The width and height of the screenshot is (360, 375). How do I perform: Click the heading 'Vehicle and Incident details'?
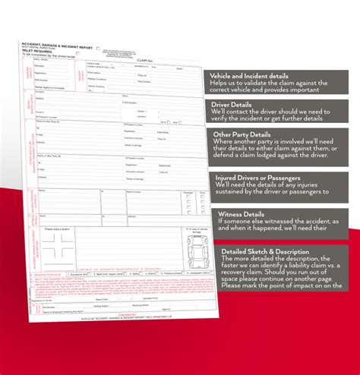257,76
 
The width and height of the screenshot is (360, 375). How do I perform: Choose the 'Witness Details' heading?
242,213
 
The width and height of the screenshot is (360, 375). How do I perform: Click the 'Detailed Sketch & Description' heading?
265,251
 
